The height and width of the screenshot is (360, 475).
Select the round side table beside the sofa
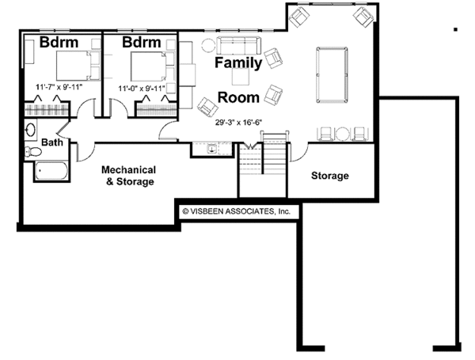(x=208, y=45)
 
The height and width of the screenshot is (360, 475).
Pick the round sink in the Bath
(x=31, y=130)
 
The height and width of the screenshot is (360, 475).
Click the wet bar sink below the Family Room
(x=211, y=148)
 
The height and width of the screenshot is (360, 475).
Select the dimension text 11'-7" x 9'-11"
(x=59, y=86)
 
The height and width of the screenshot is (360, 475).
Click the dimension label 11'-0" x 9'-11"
(x=142, y=89)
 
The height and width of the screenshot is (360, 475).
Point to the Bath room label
(x=52, y=143)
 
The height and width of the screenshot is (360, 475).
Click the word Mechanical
(x=127, y=169)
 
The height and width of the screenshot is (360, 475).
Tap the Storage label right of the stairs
(x=329, y=175)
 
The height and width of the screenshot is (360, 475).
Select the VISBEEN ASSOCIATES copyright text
(x=237, y=211)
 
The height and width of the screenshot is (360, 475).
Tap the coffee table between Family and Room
(x=241, y=78)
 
